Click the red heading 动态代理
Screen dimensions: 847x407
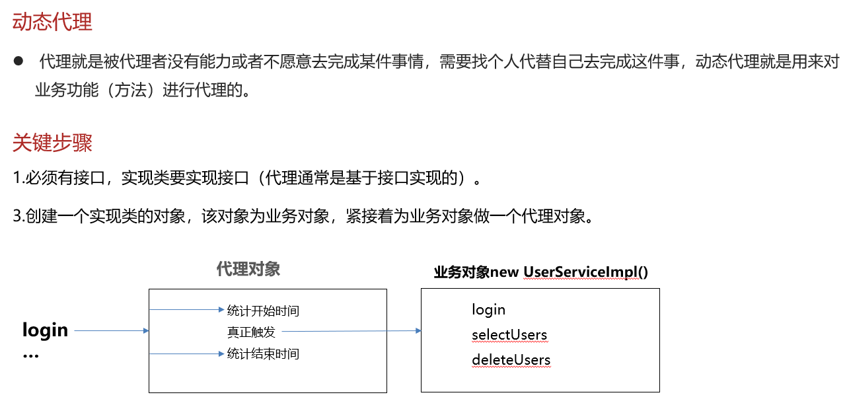52,22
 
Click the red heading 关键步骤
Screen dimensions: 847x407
52,143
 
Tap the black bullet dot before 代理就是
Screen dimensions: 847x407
18,61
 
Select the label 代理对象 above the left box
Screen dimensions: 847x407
248,269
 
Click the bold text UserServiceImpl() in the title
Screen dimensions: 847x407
585,273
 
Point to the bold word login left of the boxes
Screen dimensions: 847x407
45,330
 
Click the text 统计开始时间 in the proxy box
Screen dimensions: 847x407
263,311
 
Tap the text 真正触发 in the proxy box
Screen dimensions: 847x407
251,332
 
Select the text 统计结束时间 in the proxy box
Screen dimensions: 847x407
263,354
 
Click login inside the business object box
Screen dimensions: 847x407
488,309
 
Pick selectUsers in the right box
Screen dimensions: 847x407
509,334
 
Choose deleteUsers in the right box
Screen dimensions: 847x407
511,359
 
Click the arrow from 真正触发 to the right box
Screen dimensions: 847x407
350,331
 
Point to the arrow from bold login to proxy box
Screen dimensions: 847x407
111,330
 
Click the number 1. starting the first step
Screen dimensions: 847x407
18,178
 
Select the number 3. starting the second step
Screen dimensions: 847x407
18,217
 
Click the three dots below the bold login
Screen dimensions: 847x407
30,355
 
